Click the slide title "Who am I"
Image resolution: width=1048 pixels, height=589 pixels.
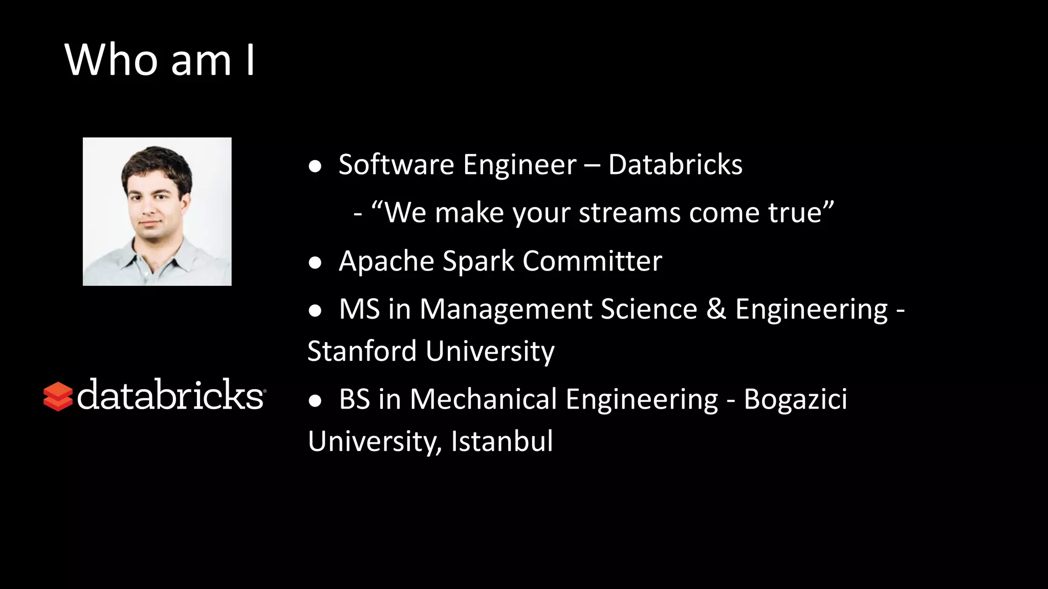pos(159,60)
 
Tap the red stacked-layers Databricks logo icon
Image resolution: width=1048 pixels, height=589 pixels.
pos(58,396)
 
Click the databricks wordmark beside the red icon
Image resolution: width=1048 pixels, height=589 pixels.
pos(170,395)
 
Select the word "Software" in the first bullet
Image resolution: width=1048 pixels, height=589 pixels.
pos(396,165)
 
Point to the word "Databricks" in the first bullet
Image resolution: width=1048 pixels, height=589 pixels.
pos(675,165)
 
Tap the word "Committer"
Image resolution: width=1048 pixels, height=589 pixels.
pos(592,261)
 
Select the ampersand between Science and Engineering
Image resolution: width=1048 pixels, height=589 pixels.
pos(716,309)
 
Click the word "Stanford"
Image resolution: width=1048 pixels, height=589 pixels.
pos(362,351)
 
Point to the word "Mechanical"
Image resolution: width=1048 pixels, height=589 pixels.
pos(483,399)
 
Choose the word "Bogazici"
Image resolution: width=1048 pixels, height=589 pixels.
pos(795,399)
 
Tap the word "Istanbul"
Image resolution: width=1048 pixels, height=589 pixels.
pos(501,441)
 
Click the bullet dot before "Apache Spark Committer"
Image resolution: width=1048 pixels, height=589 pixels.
pos(315,263)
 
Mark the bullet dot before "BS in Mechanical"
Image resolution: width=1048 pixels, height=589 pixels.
pos(315,400)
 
